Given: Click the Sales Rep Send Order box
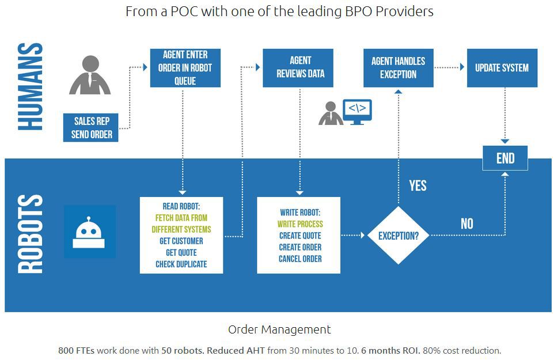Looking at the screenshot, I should (92, 128).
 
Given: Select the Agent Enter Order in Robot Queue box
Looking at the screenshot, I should (185, 68).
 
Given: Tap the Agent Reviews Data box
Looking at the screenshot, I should (300, 67).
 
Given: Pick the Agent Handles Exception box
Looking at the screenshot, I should (398, 68).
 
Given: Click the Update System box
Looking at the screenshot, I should (502, 68).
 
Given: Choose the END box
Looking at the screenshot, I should (505, 158).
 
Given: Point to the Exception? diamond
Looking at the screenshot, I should (398, 236).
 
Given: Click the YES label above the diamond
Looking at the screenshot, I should (418, 185).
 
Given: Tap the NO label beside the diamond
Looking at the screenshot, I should (466, 223).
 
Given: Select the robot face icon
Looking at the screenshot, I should (89, 232).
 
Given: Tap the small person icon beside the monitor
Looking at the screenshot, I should (331, 113).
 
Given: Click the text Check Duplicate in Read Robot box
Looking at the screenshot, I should (181, 264).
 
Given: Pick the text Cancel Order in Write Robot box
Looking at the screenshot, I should (300, 259).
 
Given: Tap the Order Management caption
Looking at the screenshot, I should (279, 329).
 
